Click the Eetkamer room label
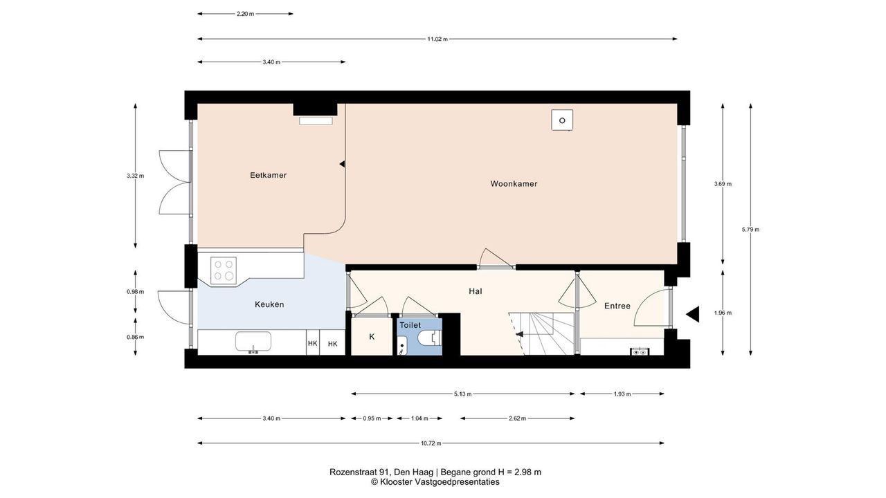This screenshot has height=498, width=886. [268, 175]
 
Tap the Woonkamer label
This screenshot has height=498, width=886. [514, 184]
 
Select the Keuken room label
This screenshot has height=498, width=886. [269, 304]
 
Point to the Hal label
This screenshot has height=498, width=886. [476, 291]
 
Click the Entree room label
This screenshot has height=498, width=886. [617, 306]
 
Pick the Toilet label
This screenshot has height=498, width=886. [410, 325]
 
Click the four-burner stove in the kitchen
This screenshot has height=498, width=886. [224, 270]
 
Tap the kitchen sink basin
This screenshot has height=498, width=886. [253, 342]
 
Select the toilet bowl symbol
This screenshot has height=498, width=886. [430, 338]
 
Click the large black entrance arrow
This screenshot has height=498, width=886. [693, 315]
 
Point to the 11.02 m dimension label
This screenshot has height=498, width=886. [437, 39]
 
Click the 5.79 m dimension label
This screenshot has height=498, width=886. [750, 229]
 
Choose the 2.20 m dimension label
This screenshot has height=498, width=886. [245, 14]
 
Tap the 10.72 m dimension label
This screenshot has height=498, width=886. [431, 443]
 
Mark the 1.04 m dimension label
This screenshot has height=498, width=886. [419, 418]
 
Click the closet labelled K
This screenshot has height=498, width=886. [372, 336]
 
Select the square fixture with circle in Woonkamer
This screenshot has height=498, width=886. [562, 120]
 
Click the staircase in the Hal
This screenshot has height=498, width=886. [542, 333]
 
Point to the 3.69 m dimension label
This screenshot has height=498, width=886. [723, 184]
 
